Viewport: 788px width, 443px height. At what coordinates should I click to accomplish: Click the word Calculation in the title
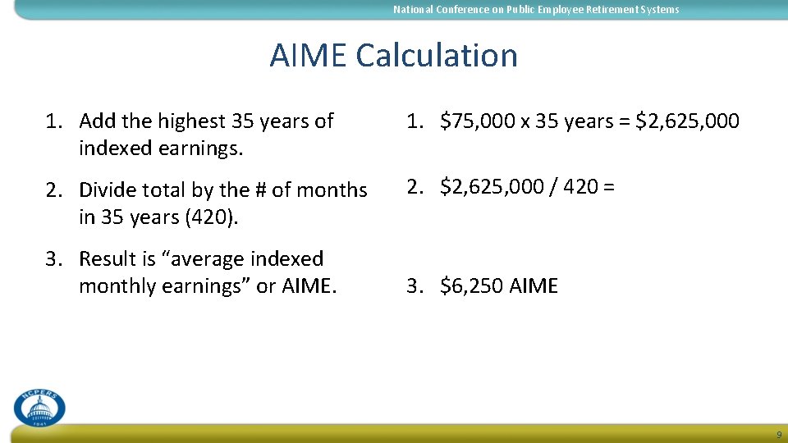coord(437,56)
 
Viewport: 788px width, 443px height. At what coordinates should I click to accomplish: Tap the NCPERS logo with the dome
coord(39,407)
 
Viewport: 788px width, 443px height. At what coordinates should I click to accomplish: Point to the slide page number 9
coord(779,435)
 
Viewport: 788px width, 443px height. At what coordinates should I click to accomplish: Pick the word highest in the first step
coord(192,121)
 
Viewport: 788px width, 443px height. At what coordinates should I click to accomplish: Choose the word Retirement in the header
coord(612,10)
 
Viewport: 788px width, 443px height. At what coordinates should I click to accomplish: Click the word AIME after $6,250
coord(534,286)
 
